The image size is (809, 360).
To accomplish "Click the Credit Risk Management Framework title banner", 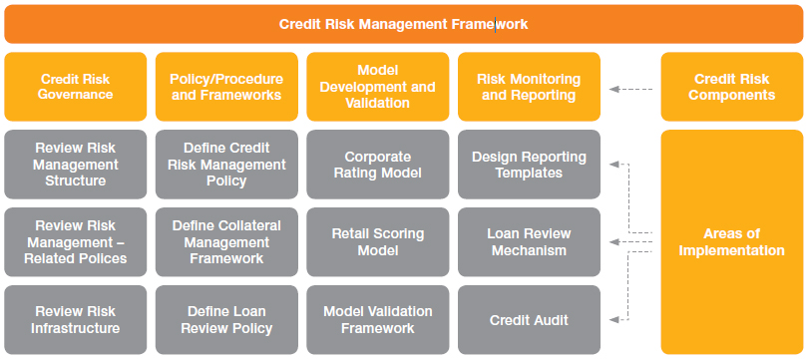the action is [x=403, y=24].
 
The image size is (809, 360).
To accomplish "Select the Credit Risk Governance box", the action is [x=76, y=87].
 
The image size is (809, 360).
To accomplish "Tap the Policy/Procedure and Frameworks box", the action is [x=226, y=87].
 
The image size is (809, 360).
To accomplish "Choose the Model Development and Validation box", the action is [x=378, y=87].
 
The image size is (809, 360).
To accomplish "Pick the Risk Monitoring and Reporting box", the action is [x=529, y=87].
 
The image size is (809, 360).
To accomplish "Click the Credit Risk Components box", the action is [x=731, y=87].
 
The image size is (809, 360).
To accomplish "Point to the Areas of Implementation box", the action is [x=731, y=242].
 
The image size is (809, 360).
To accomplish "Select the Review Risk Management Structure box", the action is [x=76, y=164].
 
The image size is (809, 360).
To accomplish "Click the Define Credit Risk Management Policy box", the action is [x=226, y=164].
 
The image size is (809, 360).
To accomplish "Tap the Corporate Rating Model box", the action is [x=378, y=164].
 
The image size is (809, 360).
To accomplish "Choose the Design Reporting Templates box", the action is [x=529, y=164].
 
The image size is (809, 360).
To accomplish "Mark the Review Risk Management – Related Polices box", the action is [x=76, y=242].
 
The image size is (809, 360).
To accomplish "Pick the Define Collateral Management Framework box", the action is [x=226, y=242].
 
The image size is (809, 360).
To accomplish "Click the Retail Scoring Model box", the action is [x=378, y=242].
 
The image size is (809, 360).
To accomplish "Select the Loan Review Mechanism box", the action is [x=529, y=242].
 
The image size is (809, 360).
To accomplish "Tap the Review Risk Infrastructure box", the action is [x=76, y=320].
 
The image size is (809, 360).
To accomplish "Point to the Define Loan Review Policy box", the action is [x=226, y=320].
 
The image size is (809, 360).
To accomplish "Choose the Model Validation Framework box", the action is [x=378, y=320].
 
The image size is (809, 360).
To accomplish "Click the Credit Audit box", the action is [x=529, y=320].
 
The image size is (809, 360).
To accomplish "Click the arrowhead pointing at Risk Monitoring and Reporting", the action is [x=613, y=89].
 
